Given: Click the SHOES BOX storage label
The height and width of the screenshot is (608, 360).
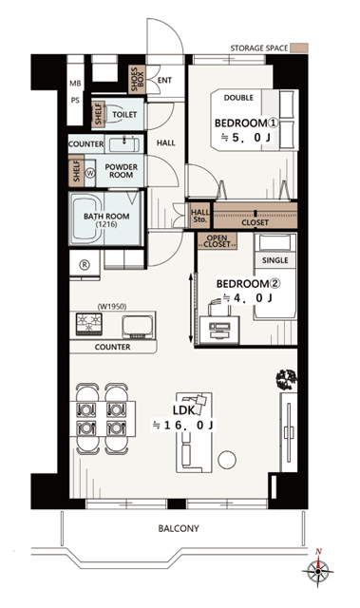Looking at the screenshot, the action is (x=137, y=79).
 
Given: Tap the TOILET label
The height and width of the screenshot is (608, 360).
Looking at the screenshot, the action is (x=124, y=114).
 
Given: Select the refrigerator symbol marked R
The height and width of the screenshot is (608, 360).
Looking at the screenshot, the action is (x=85, y=265).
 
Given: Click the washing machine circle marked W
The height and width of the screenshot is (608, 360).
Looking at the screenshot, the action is (x=90, y=173).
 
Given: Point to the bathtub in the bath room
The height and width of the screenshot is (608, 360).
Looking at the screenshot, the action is (x=86, y=218).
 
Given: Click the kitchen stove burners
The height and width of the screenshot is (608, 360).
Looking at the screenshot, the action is (x=89, y=324).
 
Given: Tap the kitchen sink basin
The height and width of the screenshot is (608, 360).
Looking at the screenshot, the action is (x=137, y=327).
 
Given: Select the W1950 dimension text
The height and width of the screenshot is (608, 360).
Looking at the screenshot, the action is (x=112, y=306).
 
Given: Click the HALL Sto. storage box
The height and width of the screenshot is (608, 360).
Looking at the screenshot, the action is (x=200, y=216).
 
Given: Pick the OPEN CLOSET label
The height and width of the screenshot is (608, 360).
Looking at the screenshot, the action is (x=217, y=241).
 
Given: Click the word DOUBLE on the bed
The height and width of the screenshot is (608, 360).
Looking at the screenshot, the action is (x=238, y=98).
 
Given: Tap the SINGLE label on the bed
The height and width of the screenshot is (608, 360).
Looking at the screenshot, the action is (x=275, y=260).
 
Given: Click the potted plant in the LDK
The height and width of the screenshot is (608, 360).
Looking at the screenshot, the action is (x=287, y=379).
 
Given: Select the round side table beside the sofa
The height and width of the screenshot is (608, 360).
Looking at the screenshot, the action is (x=227, y=460).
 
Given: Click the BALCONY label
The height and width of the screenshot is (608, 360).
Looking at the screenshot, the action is (x=179, y=528).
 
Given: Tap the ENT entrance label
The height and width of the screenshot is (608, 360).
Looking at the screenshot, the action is (x=164, y=80).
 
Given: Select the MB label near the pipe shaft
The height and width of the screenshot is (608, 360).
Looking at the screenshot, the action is (x=75, y=84).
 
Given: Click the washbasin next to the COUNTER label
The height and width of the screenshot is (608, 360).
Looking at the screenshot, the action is (x=123, y=144).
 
